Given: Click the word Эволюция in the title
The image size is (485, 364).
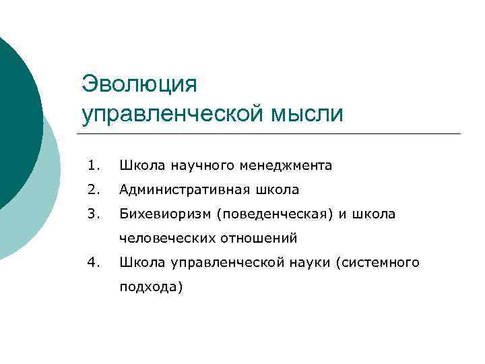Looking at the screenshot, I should tap(139, 84).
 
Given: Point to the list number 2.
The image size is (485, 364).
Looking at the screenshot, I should tap(94, 190).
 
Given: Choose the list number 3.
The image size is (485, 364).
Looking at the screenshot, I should tap(94, 214).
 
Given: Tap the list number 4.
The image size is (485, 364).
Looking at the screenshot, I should tap(94, 262).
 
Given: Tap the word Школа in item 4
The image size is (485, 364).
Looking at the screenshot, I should tap(139, 262).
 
